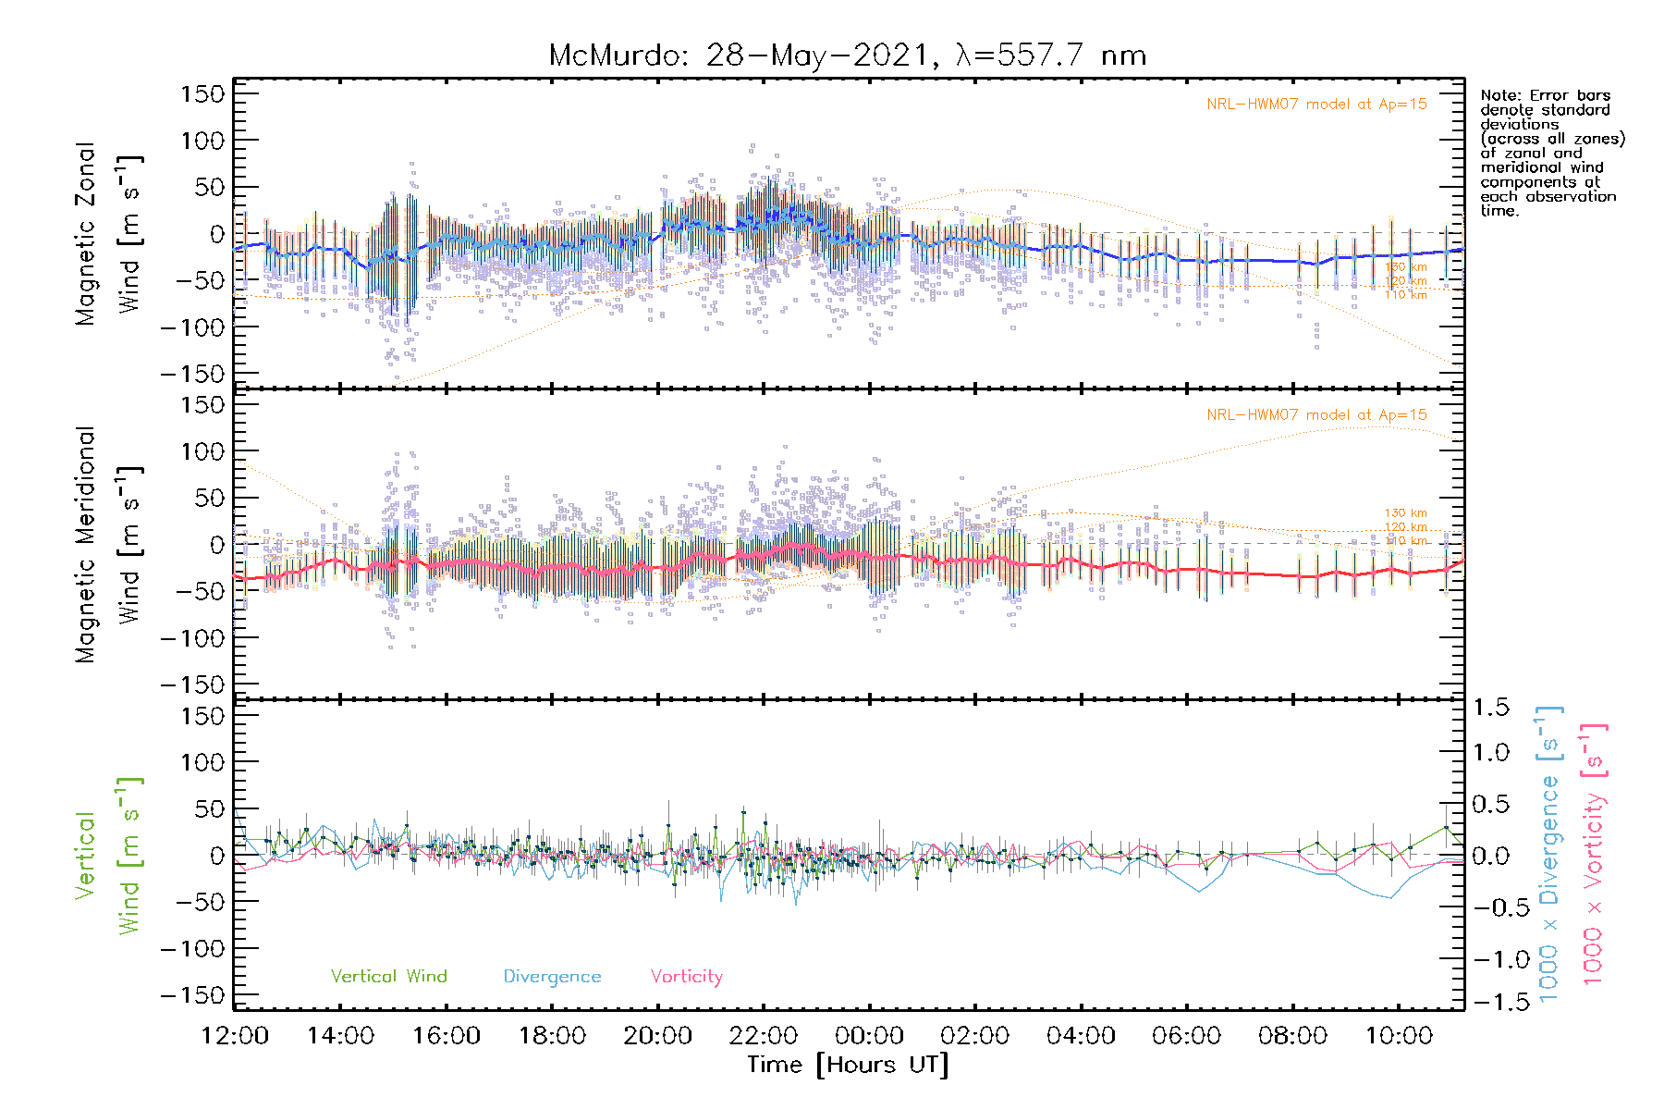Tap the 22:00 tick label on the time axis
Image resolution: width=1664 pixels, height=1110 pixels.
click(764, 1036)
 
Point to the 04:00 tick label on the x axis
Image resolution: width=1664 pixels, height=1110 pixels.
click(1081, 1036)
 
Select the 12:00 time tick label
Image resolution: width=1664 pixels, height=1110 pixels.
click(235, 1036)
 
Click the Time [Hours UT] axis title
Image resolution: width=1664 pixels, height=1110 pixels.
click(848, 1065)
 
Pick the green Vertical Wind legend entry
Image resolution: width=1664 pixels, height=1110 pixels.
click(388, 977)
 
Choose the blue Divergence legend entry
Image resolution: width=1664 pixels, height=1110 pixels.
click(552, 977)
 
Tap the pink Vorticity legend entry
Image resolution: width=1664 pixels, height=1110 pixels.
click(686, 977)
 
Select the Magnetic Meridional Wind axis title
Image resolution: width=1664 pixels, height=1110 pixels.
click(109, 545)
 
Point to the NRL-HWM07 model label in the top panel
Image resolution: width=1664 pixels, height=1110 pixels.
click(1316, 105)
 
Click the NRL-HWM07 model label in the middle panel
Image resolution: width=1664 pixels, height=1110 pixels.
click(1316, 415)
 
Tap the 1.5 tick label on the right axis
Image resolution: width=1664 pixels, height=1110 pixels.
click(1490, 708)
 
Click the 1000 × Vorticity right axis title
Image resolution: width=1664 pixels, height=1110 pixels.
click(1594, 854)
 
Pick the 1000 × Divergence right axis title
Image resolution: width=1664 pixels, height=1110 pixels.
click(1549, 854)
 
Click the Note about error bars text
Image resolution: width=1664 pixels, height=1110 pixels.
click(1551, 153)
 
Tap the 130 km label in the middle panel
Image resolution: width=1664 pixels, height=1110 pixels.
click(1405, 513)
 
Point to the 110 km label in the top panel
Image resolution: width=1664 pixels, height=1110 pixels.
click(1405, 295)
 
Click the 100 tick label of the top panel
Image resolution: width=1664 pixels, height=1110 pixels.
click(202, 141)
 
